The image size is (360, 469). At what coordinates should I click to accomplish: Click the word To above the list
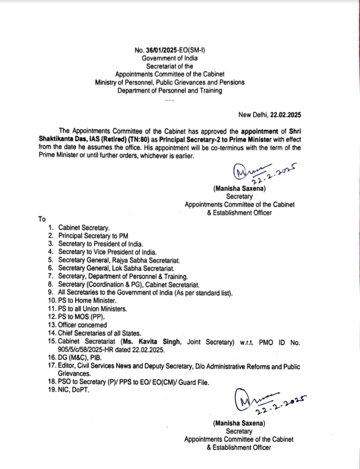pos(42,219)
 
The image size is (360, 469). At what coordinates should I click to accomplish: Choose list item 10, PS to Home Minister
pos(81,300)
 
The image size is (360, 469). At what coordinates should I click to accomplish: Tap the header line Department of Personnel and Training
pos(169,91)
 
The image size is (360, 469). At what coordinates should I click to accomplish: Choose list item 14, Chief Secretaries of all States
pos(100,333)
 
